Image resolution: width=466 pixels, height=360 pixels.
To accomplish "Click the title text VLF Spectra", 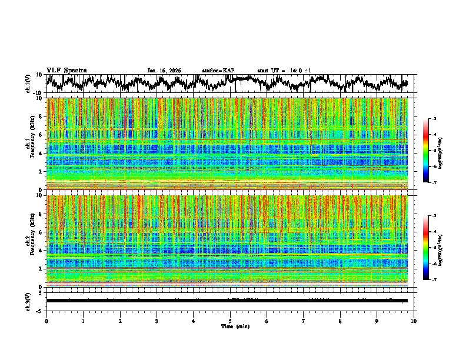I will (x=66, y=70).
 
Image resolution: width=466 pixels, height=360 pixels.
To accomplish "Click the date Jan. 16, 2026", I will (x=164, y=71).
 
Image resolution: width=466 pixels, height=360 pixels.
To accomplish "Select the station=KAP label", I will (x=218, y=71).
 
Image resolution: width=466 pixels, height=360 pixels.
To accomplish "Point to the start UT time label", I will (x=284, y=71).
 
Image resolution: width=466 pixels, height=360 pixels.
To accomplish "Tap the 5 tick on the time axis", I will (x=230, y=321).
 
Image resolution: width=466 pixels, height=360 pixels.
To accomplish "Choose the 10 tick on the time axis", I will (x=414, y=321).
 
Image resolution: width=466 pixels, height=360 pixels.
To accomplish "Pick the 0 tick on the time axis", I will (x=46, y=321).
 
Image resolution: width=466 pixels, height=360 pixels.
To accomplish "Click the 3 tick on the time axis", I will (x=157, y=321).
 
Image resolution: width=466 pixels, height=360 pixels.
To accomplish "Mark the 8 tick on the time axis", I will (x=340, y=321).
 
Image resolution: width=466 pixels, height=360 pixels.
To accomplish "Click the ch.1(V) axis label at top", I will (x=29, y=84).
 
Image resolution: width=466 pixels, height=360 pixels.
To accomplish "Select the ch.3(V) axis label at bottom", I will (x=29, y=301).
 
